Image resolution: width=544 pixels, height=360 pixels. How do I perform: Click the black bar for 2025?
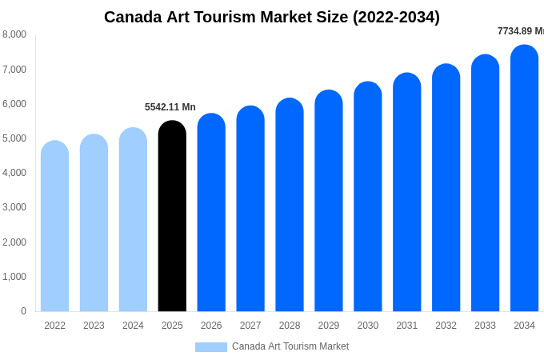click(x=172, y=216)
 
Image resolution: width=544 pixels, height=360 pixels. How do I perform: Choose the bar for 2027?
click(x=250, y=209)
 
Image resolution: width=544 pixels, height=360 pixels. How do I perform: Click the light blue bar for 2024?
click(x=133, y=220)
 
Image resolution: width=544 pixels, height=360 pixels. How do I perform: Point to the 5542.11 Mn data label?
click(x=170, y=107)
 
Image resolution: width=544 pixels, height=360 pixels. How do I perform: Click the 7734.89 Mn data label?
click(x=520, y=31)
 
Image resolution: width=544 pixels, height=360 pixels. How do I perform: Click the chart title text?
click(x=272, y=17)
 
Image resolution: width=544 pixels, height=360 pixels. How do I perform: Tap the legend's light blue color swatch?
click(x=210, y=347)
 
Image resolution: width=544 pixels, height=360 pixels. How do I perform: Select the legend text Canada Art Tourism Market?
click(x=290, y=346)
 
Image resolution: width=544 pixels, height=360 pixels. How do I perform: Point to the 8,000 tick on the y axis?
click(x=14, y=34)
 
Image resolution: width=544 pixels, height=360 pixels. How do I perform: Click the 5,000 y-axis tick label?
click(x=14, y=138)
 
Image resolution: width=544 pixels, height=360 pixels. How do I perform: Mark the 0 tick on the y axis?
click(x=23, y=311)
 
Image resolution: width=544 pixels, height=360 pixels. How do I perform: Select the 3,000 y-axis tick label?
click(x=14, y=207)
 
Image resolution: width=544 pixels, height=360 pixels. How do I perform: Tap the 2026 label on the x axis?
click(x=211, y=326)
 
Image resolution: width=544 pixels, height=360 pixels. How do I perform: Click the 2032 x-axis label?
click(x=446, y=326)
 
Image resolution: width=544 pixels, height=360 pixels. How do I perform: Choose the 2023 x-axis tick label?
click(x=94, y=326)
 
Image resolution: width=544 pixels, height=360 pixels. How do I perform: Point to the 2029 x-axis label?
click(x=329, y=326)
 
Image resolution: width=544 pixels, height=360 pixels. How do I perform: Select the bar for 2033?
click(x=485, y=183)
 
